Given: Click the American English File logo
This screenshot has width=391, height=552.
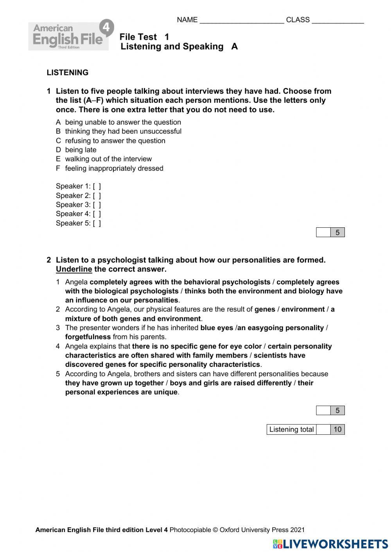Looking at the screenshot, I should pos(71,36).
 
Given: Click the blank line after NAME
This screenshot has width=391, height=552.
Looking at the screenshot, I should pos(241,21).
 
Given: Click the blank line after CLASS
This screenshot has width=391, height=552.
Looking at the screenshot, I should pos(337,21).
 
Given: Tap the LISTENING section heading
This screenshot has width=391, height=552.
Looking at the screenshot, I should pos(67,73).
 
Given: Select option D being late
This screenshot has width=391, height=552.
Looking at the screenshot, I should pos(76,150).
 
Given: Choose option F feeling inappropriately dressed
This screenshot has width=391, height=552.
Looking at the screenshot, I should pos(109,168).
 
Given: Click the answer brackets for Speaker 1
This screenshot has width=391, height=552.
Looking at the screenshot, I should pos(97,187).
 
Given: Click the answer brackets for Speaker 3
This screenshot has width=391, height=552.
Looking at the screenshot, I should pos(97,205).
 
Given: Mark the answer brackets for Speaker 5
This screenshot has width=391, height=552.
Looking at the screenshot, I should pos(97,223).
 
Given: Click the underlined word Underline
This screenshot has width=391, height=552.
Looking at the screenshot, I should pos(74,269).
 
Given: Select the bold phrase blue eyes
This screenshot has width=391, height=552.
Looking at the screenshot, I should pos(217,328).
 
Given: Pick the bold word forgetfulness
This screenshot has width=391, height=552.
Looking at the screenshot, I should pos(88,337).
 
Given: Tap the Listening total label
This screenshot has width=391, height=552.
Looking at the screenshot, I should pos(291,430).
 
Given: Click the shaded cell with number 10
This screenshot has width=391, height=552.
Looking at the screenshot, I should pos(337,430).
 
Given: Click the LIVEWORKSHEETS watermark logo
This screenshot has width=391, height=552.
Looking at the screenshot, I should pos(330,544).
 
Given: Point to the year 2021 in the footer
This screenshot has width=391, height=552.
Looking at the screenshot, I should pos(297,530).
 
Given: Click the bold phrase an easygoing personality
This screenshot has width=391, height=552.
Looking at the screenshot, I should pos(281,328).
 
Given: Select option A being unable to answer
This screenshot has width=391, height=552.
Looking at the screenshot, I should pos(118,122).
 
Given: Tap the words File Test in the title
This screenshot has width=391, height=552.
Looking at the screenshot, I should pos(138,37).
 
